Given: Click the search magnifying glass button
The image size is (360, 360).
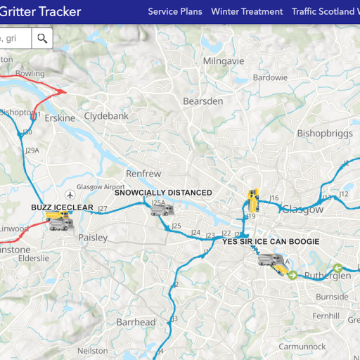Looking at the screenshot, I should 42,38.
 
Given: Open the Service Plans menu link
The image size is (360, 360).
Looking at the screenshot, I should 174,11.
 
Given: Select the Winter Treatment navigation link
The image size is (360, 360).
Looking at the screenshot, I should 247,11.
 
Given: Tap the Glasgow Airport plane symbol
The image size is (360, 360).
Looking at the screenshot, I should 69,195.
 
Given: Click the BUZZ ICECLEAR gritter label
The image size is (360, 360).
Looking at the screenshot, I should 62,207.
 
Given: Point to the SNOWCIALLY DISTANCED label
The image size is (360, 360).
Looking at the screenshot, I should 162,192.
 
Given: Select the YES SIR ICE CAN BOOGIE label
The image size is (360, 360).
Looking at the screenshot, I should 271,241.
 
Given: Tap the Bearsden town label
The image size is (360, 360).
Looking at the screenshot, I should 202,101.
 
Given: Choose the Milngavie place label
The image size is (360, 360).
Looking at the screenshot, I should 223,61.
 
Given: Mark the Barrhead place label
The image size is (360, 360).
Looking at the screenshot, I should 136,322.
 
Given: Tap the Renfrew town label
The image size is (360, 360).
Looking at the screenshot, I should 143,173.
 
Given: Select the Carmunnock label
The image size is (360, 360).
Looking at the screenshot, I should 302,347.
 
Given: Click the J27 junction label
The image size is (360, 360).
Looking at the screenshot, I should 103,209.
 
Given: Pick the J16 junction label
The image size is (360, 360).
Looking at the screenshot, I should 274,198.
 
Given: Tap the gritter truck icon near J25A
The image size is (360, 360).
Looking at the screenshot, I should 167,210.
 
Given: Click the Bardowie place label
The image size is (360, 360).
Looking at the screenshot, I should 270,77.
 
